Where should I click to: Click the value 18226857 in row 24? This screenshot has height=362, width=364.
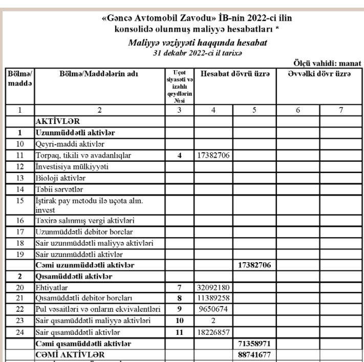pos(213,332)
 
